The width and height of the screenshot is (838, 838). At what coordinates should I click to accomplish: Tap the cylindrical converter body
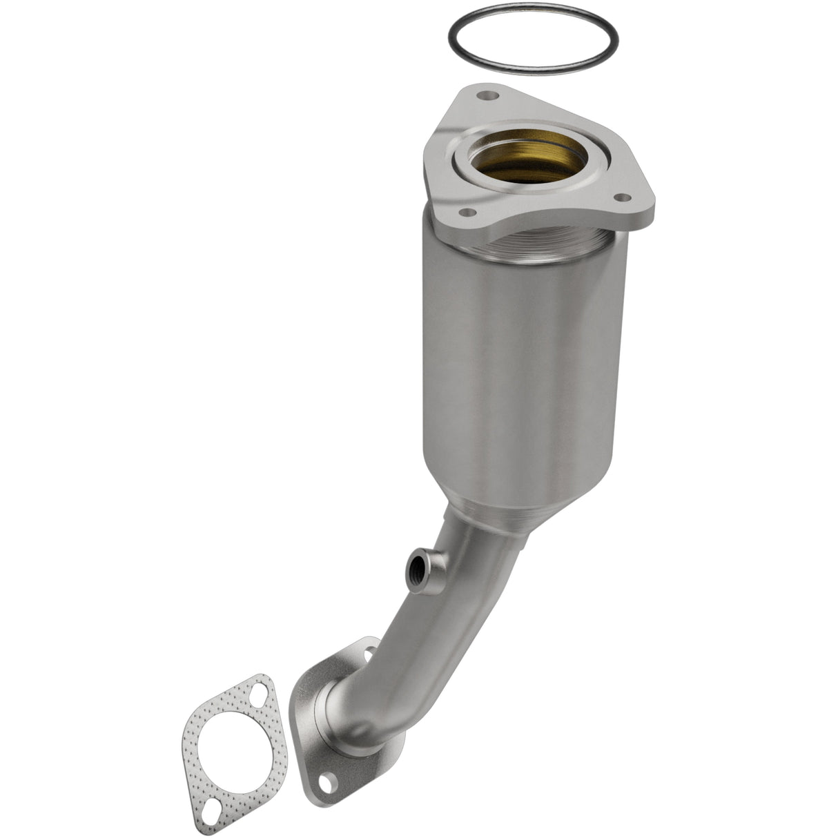[x=525, y=359]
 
